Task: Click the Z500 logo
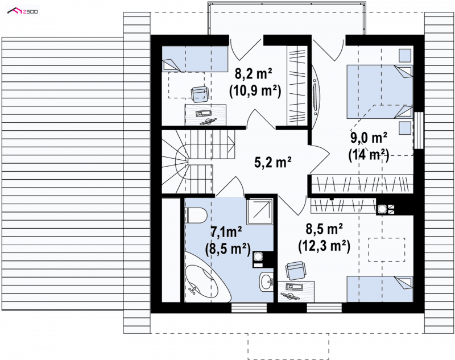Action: click(x=23, y=11)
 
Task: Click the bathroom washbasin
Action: click(x=266, y=282)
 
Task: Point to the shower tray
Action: click(x=260, y=212)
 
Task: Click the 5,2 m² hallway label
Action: click(x=273, y=162)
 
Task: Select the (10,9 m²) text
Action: click(x=255, y=92)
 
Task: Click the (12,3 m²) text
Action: click(x=324, y=246)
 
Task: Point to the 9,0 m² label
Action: click(x=369, y=138)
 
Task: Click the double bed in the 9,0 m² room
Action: click(x=380, y=92)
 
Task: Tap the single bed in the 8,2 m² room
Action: click(x=195, y=59)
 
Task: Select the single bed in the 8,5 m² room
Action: click(x=380, y=289)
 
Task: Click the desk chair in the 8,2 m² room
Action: click(x=200, y=94)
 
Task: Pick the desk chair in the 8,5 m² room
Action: click(x=295, y=270)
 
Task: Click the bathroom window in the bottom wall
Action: click(x=249, y=308)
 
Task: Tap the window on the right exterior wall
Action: click(x=419, y=131)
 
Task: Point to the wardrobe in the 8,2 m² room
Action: click(x=297, y=86)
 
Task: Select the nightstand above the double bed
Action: click(x=405, y=55)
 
